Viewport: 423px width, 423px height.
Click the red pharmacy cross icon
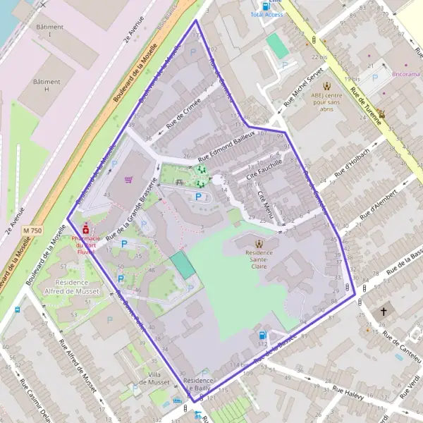click(x=86, y=230)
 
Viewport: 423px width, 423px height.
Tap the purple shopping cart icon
click(x=128, y=179)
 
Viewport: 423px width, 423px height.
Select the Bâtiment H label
click(x=47, y=85)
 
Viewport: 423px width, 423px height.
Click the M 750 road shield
click(x=32, y=231)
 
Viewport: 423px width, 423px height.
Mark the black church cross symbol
click(x=384, y=311)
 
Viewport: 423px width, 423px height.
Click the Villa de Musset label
click(x=154, y=378)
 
